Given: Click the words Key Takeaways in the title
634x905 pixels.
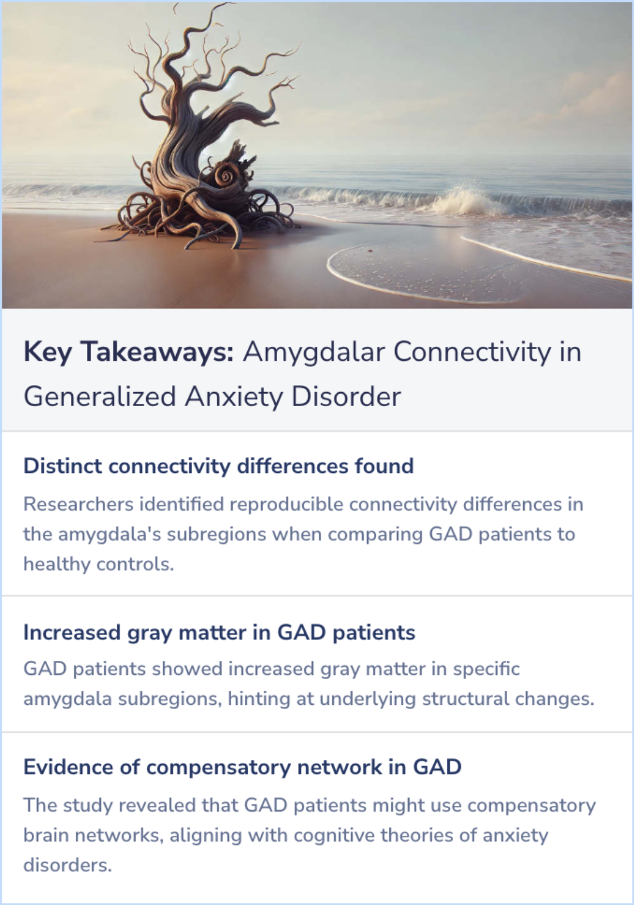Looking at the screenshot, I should (x=128, y=352).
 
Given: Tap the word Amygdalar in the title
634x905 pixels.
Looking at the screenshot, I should (x=314, y=352).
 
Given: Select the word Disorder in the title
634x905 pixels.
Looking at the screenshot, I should (x=346, y=396).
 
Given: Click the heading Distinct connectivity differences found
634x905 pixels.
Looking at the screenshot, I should (x=218, y=466).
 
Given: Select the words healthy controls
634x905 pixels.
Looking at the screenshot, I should (x=98, y=564).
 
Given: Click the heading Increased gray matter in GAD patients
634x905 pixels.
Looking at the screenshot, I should (x=219, y=633).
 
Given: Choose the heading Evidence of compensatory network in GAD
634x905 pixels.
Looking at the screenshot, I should (x=242, y=767).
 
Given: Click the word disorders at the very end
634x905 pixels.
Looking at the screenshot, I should (x=67, y=865).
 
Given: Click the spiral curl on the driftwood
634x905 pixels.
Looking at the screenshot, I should (x=226, y=175).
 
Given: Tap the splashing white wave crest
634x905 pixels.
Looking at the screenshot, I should (x=464, y=200).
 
